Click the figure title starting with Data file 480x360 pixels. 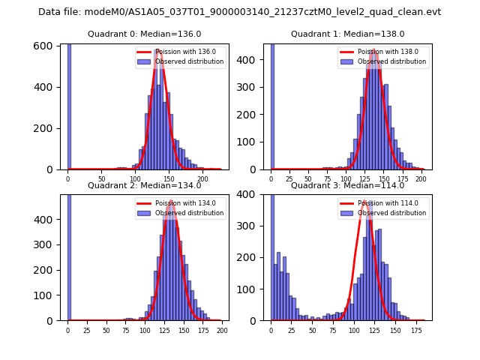pyautogui.click(x=239, y=12)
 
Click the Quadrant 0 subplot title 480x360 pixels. pyautogui.click(x=144, y=34)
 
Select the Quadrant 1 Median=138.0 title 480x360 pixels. pyautogui.click(x=347, y=34)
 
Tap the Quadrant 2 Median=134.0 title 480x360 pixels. pyautogui.click(x=144, y=185)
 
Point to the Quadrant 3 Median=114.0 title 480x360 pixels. pyautogui.click(x=347, y=185)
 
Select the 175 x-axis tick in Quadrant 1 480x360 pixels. pyautogui.click(x=403, y=178)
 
